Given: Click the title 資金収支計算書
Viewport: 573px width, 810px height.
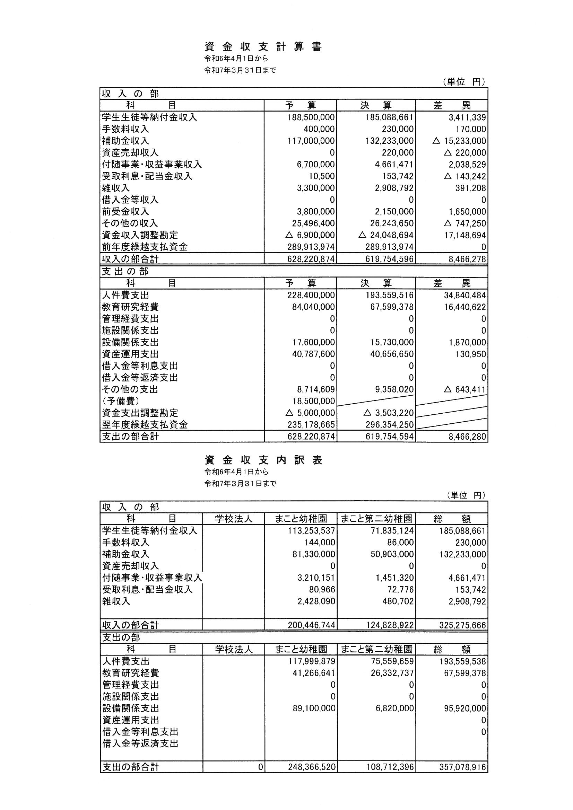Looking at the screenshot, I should pyautogui.click(x=263, y=47).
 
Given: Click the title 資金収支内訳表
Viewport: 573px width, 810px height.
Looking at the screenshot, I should pyautogui.click(x=263, y=460).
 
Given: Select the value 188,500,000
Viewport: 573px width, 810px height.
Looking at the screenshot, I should pyautogui.click(x=311, y=117).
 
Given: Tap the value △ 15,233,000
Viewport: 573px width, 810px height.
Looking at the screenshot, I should pyautogui.click(x=459, y=141).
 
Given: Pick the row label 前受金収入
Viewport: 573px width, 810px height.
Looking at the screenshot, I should pyautogui.click(x=125, y=212).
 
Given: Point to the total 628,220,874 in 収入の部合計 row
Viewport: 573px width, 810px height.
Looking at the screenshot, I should pyautogui.click(x=311, y=259).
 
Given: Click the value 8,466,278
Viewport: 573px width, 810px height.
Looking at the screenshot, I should pyautogui.click(x=467, y=259).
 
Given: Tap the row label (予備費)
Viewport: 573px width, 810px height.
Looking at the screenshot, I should pyautogui.click(x=120, y=401).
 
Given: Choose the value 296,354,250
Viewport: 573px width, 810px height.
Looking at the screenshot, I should pyautogui.click(x=389, y=425).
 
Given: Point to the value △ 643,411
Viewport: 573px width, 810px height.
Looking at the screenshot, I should pyautogui.click(x=464, y=389).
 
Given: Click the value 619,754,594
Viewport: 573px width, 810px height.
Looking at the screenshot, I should pyautogui.click(x=389, y=437).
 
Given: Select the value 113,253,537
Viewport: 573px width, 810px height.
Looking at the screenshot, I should pyautogui.click(x=311, y=531).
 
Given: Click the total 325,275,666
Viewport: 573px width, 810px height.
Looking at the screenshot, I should pyautogui.click(x=462, y=625).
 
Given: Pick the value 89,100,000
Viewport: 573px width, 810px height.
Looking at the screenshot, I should pyautogui.click(x=313, y=708).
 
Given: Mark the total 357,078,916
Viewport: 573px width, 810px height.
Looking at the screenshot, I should pyautogui.click(x=462, y=767).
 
